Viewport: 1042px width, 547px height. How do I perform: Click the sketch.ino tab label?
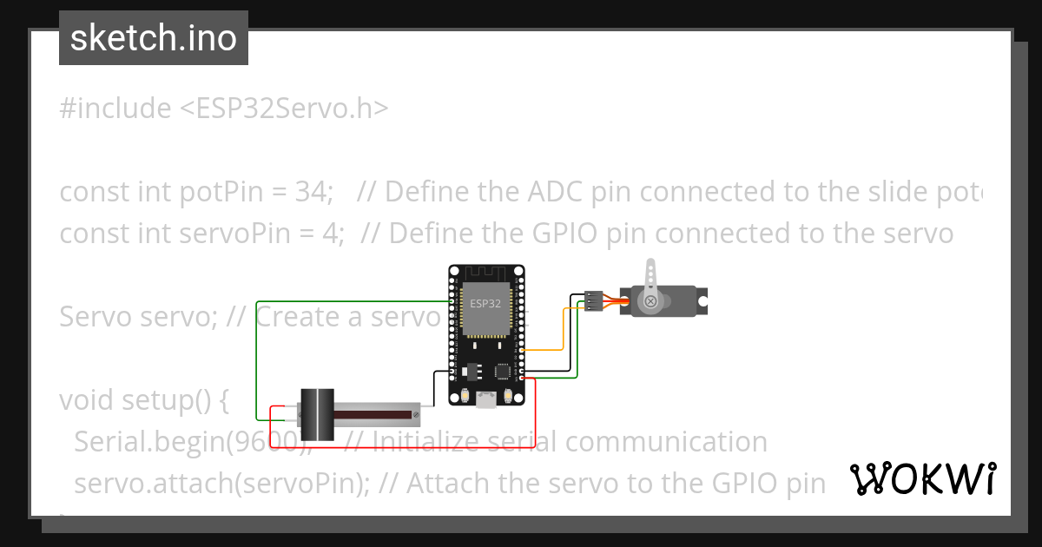(x=153, y=38)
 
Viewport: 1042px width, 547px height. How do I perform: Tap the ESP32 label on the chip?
(x=485, y=304)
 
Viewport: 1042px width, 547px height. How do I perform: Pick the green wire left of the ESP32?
(x=257, y=365)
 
